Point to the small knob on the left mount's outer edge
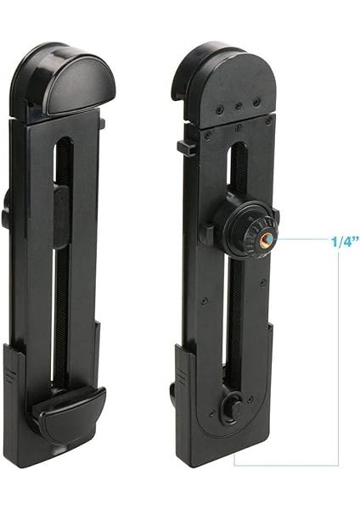pos(6,216)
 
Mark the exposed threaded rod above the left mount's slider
pos(61,161)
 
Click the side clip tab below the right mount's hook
pos(184,147)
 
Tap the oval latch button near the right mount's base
pos(228,406)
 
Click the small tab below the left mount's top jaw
pos(101,124)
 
